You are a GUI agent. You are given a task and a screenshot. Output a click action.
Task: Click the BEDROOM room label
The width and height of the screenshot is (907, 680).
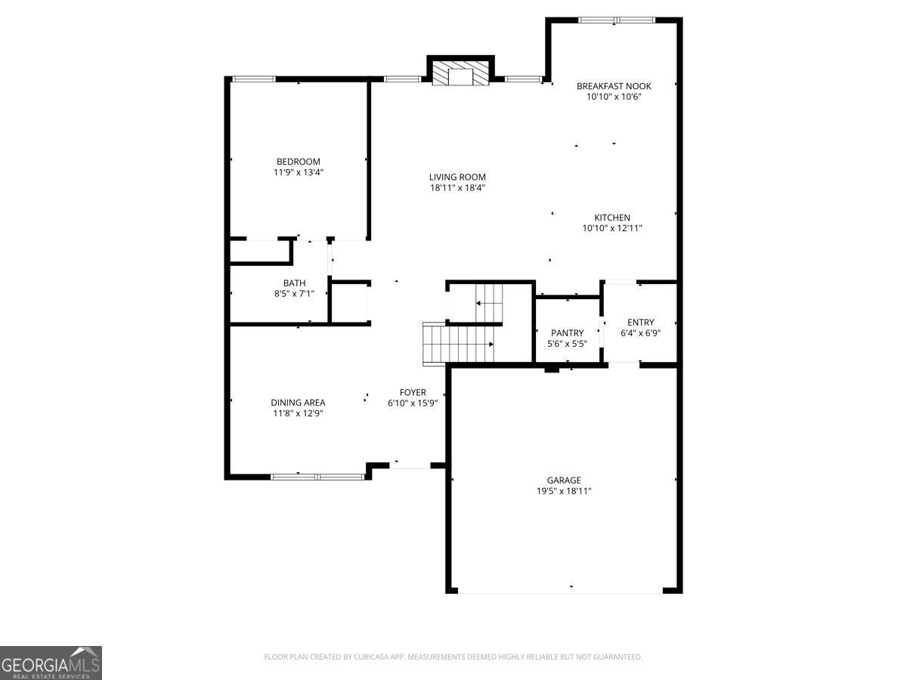point(298,162)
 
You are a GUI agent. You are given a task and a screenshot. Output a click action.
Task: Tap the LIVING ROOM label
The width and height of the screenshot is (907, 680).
point(457,178)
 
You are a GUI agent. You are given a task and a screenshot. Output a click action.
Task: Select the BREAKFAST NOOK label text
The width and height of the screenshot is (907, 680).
point(614,86)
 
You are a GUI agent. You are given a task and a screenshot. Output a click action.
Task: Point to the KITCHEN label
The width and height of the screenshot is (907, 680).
point(611,218)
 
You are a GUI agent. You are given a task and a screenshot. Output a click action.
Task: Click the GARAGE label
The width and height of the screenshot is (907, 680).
point(564,480)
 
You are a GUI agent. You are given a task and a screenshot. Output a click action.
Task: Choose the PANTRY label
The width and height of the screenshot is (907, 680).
point(567,333)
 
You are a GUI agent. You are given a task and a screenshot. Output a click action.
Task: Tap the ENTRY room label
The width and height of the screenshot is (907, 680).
point(640,323)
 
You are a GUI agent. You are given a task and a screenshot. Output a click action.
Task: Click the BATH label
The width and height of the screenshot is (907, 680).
point(294,283)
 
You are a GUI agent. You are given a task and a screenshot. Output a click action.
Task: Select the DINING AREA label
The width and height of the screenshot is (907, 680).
point(298,403)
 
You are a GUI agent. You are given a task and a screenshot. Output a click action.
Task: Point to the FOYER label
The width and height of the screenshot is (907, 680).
point(413,392)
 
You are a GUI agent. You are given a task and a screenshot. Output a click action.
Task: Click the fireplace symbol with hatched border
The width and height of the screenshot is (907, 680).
point(460,74)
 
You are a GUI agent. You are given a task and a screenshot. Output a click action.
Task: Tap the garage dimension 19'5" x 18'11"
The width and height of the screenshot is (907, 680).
point(564,491)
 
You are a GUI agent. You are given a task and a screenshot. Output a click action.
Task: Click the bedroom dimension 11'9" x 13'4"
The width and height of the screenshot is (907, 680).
point(298,172)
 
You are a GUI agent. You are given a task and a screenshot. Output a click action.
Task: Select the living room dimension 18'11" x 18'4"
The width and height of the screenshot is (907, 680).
point(457,188)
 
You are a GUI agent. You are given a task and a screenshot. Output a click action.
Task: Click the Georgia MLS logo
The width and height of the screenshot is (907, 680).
point(51,663)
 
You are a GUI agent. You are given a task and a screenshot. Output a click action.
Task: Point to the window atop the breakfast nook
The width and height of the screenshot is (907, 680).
point(615,20)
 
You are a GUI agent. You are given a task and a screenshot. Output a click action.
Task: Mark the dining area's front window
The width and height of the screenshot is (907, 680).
point(317,477)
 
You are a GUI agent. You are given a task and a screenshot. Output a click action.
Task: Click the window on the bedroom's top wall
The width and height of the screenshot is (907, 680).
point(253,79)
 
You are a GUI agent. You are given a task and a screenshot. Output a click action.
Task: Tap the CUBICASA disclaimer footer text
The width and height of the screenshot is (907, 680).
point(453,657)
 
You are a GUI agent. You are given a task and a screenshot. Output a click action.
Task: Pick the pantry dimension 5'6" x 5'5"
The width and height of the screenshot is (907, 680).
point(567,344)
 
